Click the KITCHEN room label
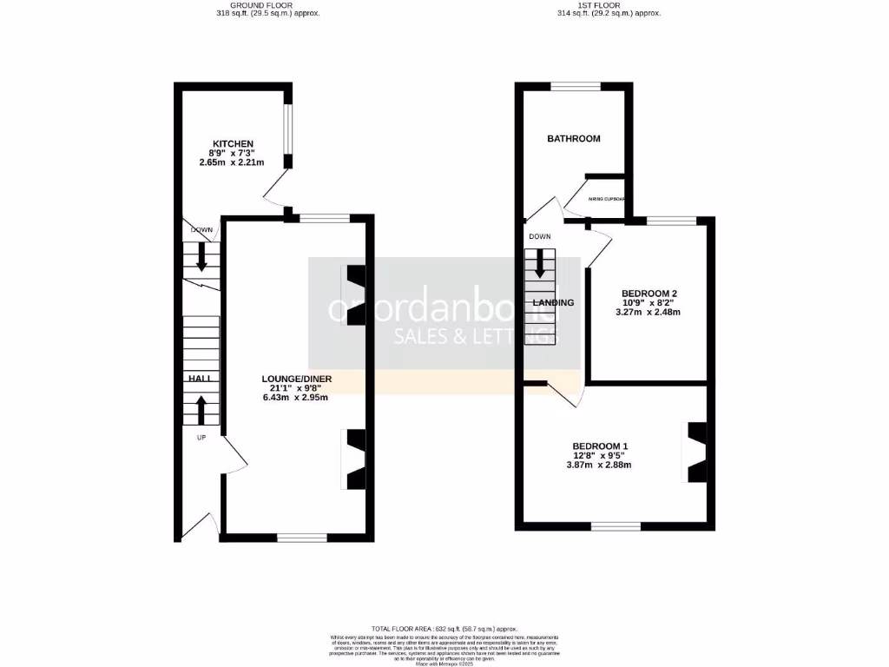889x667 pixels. [x=234, y=143]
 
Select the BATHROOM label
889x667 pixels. [x=573, y=139]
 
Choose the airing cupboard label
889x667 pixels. [x=607, y=199]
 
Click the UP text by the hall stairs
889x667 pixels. [x=201, y=438]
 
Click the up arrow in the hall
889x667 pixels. [x=201, y=409]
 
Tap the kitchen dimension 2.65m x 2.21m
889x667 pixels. [x=232, y=162]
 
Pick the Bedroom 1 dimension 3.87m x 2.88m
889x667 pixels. [x=598, y=465]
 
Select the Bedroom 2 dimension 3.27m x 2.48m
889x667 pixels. [x=649, y=312]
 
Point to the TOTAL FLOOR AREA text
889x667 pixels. [x=444, y=628]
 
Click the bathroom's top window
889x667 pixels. [x=576, y=86]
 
